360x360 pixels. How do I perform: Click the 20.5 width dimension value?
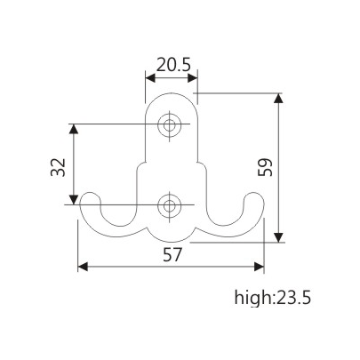click(171, 64)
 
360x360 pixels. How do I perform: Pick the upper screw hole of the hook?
click(169, 125)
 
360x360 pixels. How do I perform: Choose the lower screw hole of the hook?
click(169, 206)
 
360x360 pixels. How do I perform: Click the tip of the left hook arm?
click(86, 203)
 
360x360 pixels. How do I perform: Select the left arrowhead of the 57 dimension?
click(82, 265)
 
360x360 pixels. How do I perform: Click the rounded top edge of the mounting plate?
click(171, 93)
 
